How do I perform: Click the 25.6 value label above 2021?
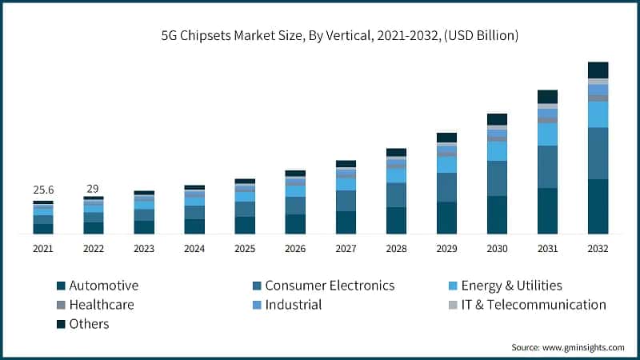coord(43,190)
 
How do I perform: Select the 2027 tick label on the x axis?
coord(346,249)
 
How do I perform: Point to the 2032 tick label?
coord(598,249)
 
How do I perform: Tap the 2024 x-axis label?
coord(194,249)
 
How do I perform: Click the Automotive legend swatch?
coord(61,286)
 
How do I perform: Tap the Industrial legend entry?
coord(293,305)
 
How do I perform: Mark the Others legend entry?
coord(89,324)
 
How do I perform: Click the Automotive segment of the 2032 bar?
coord(598,206)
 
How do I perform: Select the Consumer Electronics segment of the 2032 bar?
coord(598,154)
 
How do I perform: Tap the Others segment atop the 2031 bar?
coord(547,97)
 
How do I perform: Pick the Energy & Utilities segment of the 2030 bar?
coord(497,151)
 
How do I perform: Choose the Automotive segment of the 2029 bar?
coord(446,218)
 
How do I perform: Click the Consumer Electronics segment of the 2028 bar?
coord(396,195)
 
